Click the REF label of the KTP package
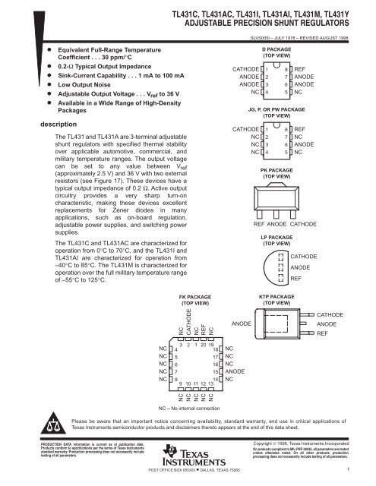tap(322, 333)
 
